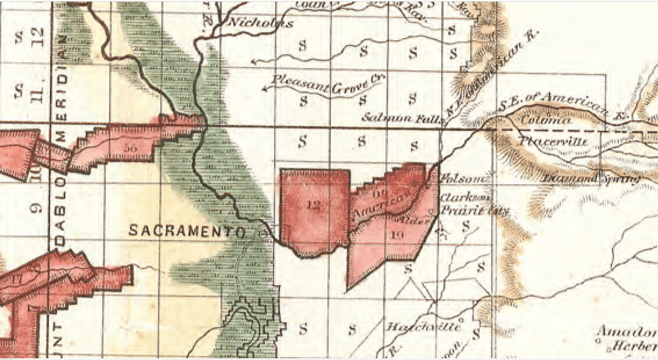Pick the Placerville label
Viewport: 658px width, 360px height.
(x=554, y=141)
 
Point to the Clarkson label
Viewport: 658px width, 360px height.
(x=466, y=199)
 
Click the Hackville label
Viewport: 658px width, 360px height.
(x=423, y=326)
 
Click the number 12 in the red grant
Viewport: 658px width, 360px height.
(x=314, y=205)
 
